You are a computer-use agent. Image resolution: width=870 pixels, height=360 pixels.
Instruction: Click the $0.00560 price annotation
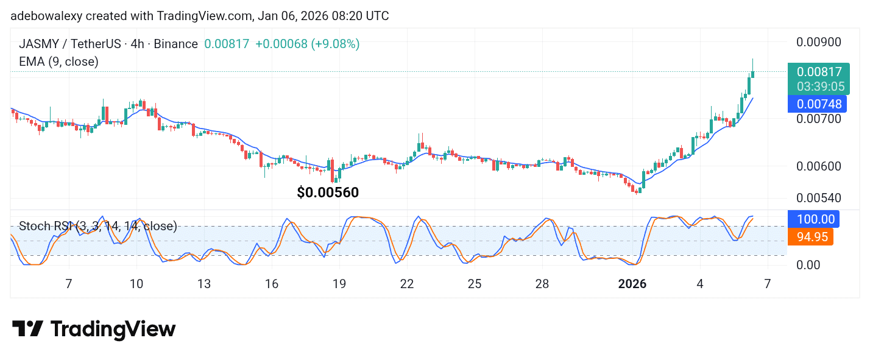[x=328, y=192]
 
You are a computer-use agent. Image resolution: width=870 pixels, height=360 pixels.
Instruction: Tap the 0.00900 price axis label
[x=819, y=42]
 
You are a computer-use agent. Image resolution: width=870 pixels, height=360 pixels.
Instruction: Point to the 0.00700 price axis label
[x=819, y=118]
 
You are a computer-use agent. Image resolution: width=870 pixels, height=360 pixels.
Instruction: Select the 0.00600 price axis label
[x=819, y=166]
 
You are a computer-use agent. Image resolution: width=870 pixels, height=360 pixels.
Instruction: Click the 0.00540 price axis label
[x=819, y=198]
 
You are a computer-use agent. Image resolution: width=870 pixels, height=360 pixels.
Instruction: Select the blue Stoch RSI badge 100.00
[x=814, y=219]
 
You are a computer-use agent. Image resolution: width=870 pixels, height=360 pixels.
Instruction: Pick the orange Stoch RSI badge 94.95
[x=810, y=237]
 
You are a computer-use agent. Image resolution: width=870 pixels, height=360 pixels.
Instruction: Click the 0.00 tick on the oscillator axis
[x=809, y=265]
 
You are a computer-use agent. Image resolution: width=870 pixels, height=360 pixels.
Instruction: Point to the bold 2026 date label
[x=632, y=284]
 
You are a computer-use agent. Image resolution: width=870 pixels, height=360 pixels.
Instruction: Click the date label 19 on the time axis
[x=339, y=284]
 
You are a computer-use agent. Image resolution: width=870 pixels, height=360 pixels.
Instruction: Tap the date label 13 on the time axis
[x=203, y=284]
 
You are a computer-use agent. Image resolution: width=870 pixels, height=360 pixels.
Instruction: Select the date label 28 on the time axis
[x=542, y=284]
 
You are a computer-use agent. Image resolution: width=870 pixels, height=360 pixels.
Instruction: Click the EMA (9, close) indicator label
[x=58, y=62]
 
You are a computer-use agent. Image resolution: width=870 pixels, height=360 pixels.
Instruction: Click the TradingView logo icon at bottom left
[x=27, y=330]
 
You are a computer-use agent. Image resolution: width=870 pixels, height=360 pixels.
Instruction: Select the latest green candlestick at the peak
[x=753, y=74]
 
